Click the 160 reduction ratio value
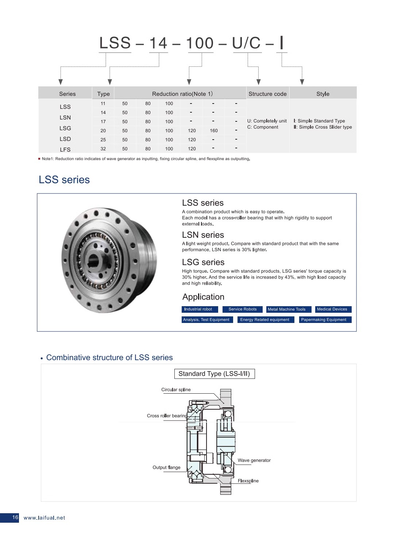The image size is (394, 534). [214, 130]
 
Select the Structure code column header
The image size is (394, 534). [267, 94]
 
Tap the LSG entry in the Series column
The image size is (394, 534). [65, 128]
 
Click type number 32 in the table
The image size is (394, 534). [103, 149]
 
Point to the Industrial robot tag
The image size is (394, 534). [198, 309]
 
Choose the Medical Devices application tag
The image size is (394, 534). [332, 309]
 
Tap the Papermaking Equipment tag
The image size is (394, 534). [324, 320]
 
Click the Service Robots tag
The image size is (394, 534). [243, 309]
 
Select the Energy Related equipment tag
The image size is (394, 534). [264, 320]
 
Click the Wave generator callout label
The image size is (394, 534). [254, 460]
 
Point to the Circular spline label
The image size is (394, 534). [176, 390]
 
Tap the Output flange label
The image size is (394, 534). [166, 467]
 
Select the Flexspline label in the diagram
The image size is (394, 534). [248, 481]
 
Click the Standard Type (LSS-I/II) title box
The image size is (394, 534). [214, 374]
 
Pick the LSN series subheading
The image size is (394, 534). [203, 235]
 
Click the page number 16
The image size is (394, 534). [15, 517]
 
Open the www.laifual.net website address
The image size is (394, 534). [44, 518]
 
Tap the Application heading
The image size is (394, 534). [203, 297]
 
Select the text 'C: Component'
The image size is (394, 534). [263, 127]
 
